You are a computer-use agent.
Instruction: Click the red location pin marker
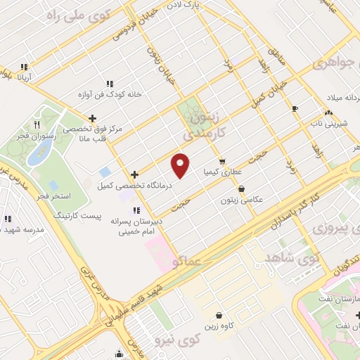tap(181, 165)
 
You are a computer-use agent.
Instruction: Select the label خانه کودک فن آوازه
tap(110, 94)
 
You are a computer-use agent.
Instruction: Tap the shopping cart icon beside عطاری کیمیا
tap(221, 161)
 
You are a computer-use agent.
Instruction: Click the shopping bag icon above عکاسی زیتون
tap(243, 188)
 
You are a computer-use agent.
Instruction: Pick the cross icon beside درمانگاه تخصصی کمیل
tap(134, 174)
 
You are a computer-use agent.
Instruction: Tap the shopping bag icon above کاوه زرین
tap(220, 316)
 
